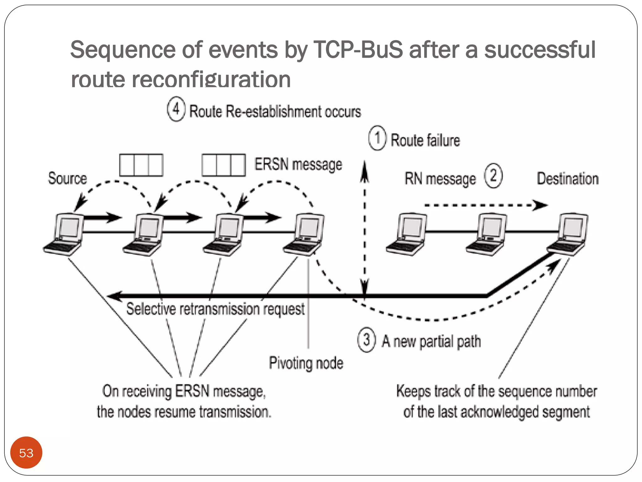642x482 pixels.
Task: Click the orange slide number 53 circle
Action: pos(26,452)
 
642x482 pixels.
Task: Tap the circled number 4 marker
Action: pos(176,109)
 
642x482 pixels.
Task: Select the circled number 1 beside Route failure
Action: pos(377,138)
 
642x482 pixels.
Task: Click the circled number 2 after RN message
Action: pos(493,176)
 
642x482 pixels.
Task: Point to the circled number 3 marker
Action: pos(366,340)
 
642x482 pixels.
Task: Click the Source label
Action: pos(67,178)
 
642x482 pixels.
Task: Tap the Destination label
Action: pos(567,179)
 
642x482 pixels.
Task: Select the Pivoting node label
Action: pos(306,363)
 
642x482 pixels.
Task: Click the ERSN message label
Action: pos(298,164)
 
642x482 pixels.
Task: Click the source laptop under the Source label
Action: pos(64,234)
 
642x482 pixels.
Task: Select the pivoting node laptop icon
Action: pos(304,234)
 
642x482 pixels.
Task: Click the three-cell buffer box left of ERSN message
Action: pos(224,165)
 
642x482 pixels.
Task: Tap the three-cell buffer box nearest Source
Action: pos(141,165)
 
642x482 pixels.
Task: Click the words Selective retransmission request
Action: pos(215,309)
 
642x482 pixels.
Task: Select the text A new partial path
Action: pos(431,341)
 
